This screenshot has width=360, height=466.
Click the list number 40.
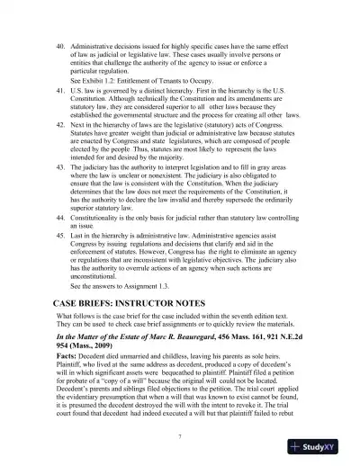pyautogui.click(x=60, y=44)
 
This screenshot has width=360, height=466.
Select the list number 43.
pyautogui.click(x=60, y=167)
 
